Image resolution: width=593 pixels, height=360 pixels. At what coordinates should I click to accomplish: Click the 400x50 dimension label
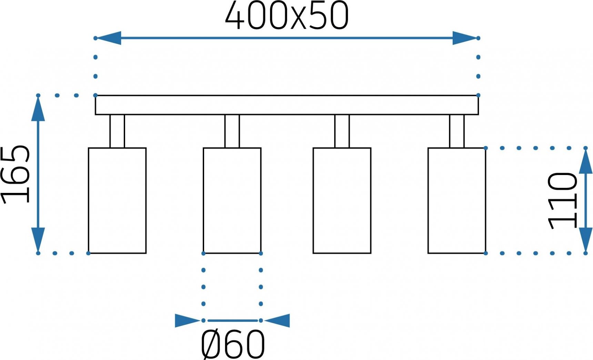(x=287, y=16)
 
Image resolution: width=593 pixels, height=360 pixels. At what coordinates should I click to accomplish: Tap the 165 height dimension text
(x=16, y=174)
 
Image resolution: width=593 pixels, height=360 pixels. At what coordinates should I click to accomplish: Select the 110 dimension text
(x=562, y=200)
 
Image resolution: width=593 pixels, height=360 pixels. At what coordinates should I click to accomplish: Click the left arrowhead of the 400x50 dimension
(x=108, y=38)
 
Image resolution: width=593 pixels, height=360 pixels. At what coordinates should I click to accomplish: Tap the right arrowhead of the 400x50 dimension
(x=465, y=38)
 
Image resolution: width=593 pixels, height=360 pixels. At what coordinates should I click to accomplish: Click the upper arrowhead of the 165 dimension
(x=38, y=109)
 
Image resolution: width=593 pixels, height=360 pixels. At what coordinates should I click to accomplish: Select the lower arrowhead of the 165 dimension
(x=38, y=240)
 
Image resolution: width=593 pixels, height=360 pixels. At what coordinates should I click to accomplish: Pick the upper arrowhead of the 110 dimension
(x=585, y=161)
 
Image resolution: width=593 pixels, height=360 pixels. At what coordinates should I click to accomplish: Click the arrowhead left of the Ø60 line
(x=188, y=321)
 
